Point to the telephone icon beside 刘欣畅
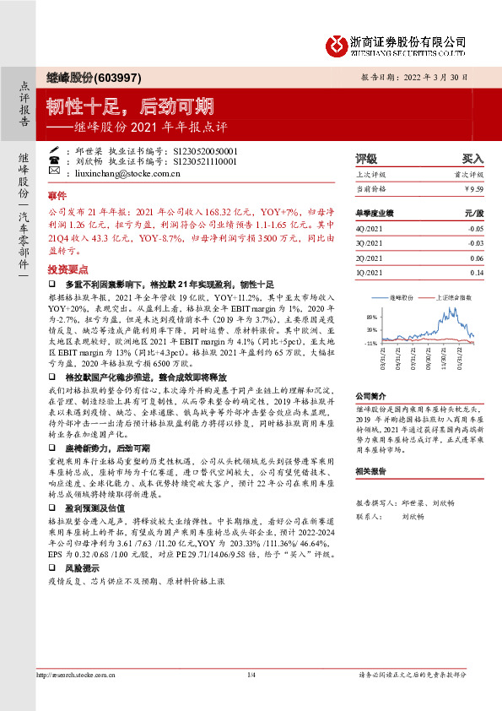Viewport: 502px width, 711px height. coord(54,160)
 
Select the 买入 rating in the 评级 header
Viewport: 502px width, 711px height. coord(472,158)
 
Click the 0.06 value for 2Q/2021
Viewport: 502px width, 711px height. coord(476,258)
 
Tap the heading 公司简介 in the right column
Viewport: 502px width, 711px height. coord(370,395)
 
